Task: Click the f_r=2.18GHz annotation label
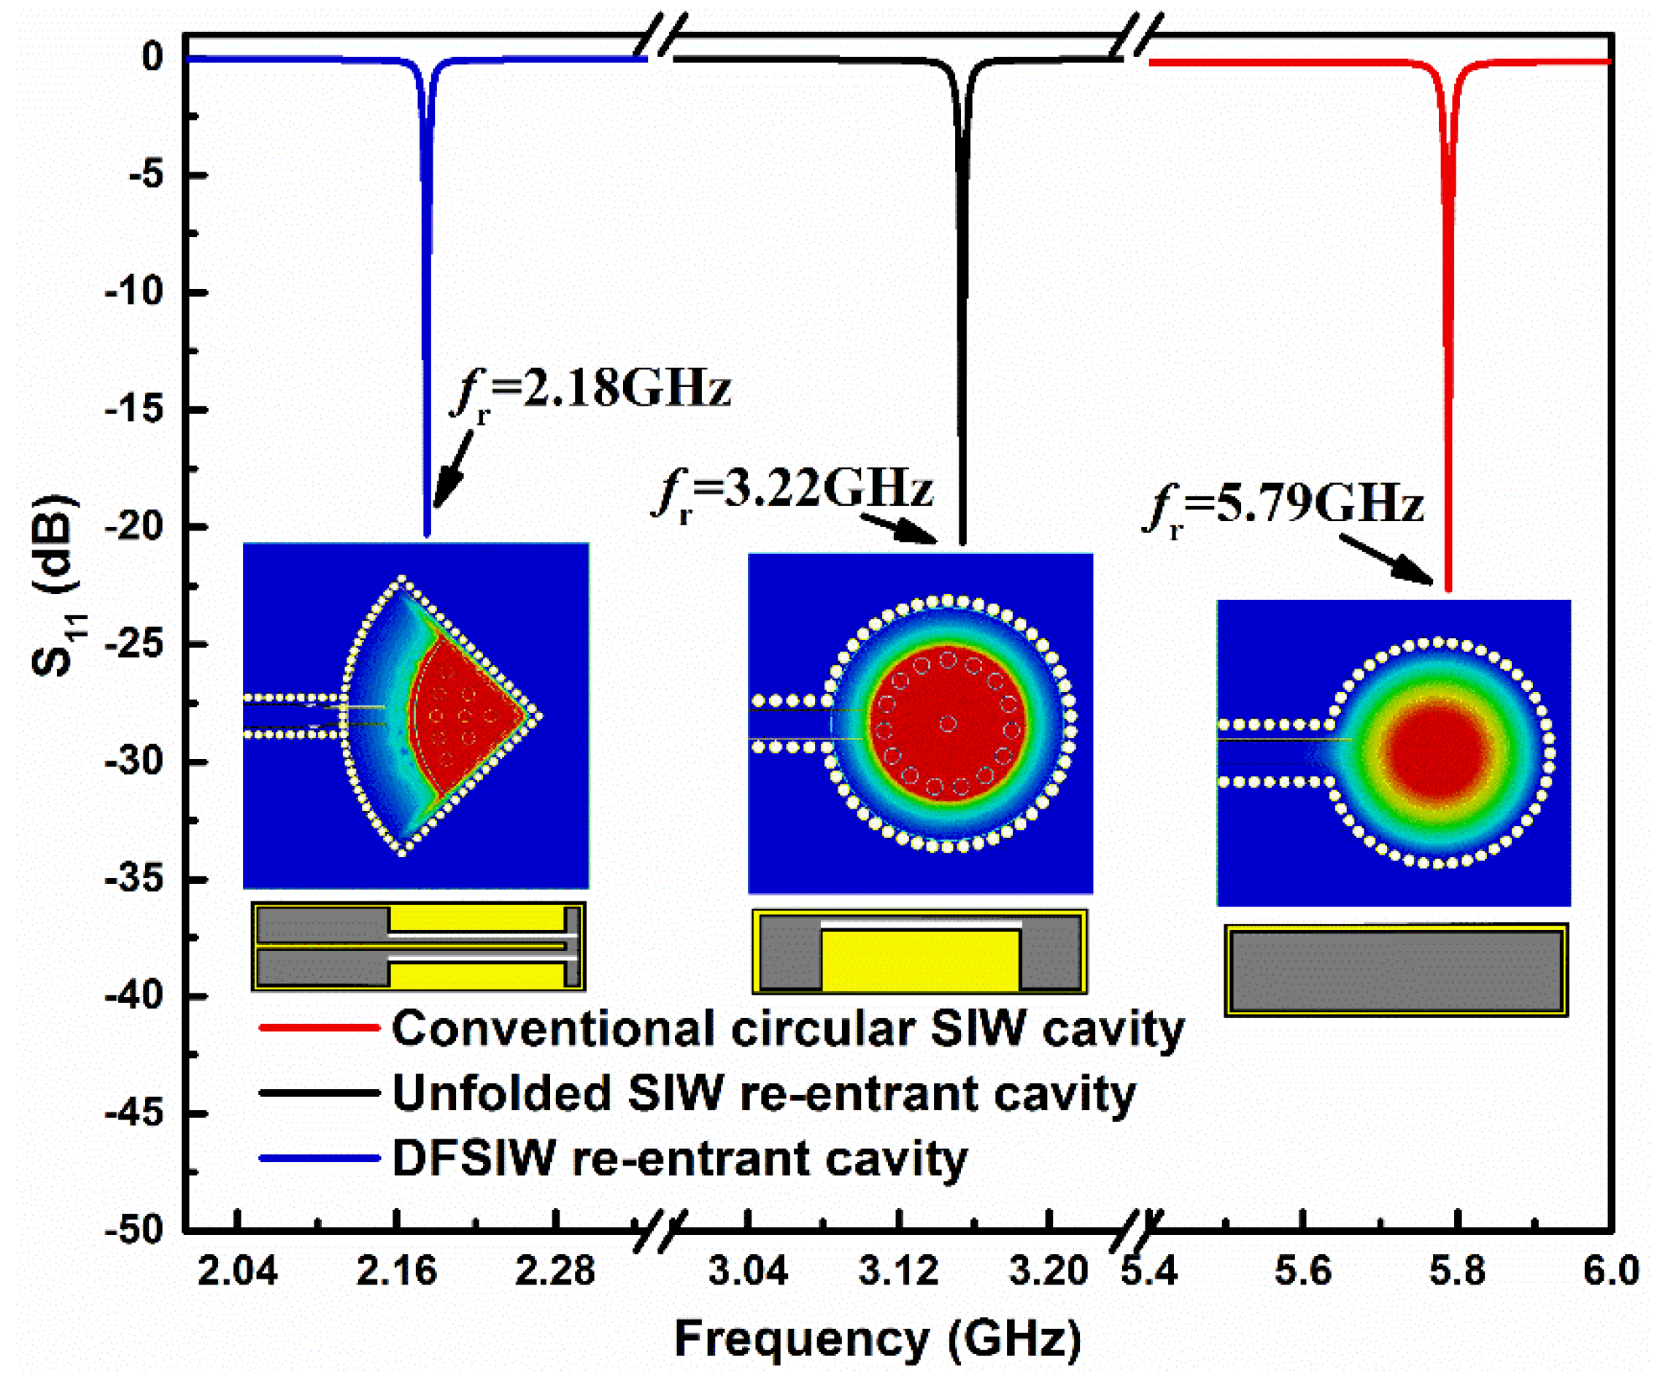(591, 390)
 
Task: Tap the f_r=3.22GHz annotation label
(793, 490)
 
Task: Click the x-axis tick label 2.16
(396, 1271)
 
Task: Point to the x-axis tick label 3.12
(898, 1271)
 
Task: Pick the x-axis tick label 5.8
(1457, 1271)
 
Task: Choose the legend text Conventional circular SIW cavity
(787, 1028)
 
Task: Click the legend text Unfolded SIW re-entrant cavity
(763, 1093)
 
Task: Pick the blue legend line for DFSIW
(319, 1158)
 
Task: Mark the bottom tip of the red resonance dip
(1448, 588)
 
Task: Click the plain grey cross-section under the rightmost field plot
(1396, 970)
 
